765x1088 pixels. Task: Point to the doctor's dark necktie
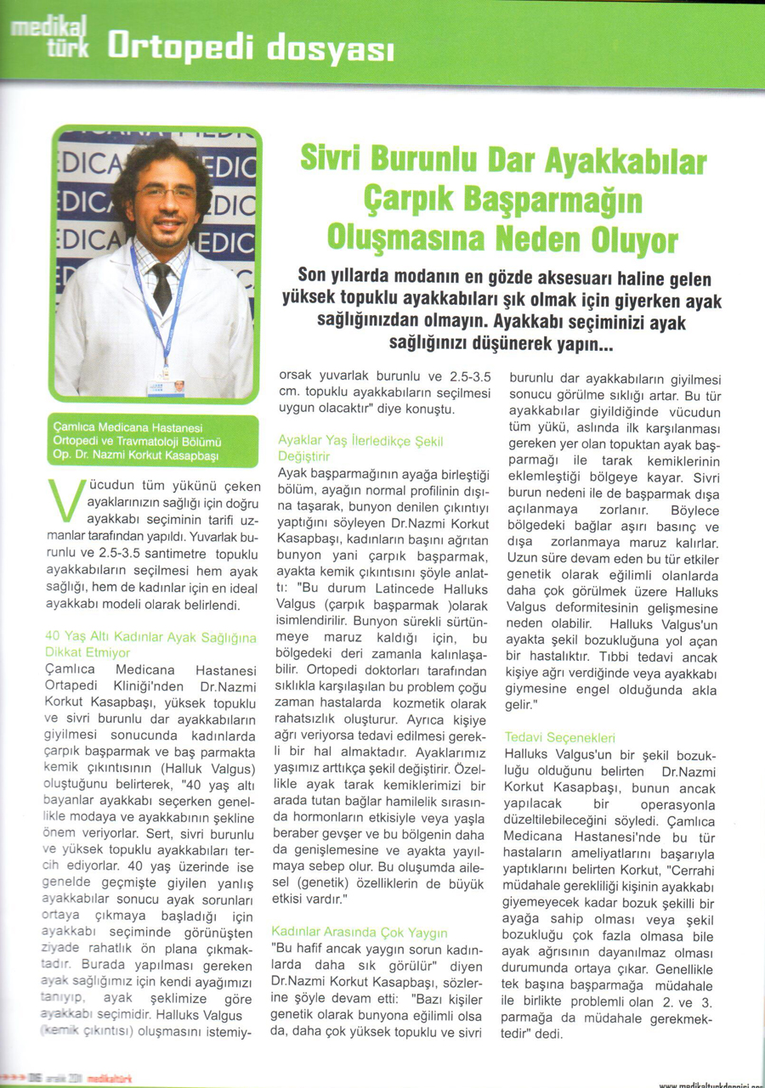point(161,285)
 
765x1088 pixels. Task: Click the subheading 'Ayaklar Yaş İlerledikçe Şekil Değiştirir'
point(361,448)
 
